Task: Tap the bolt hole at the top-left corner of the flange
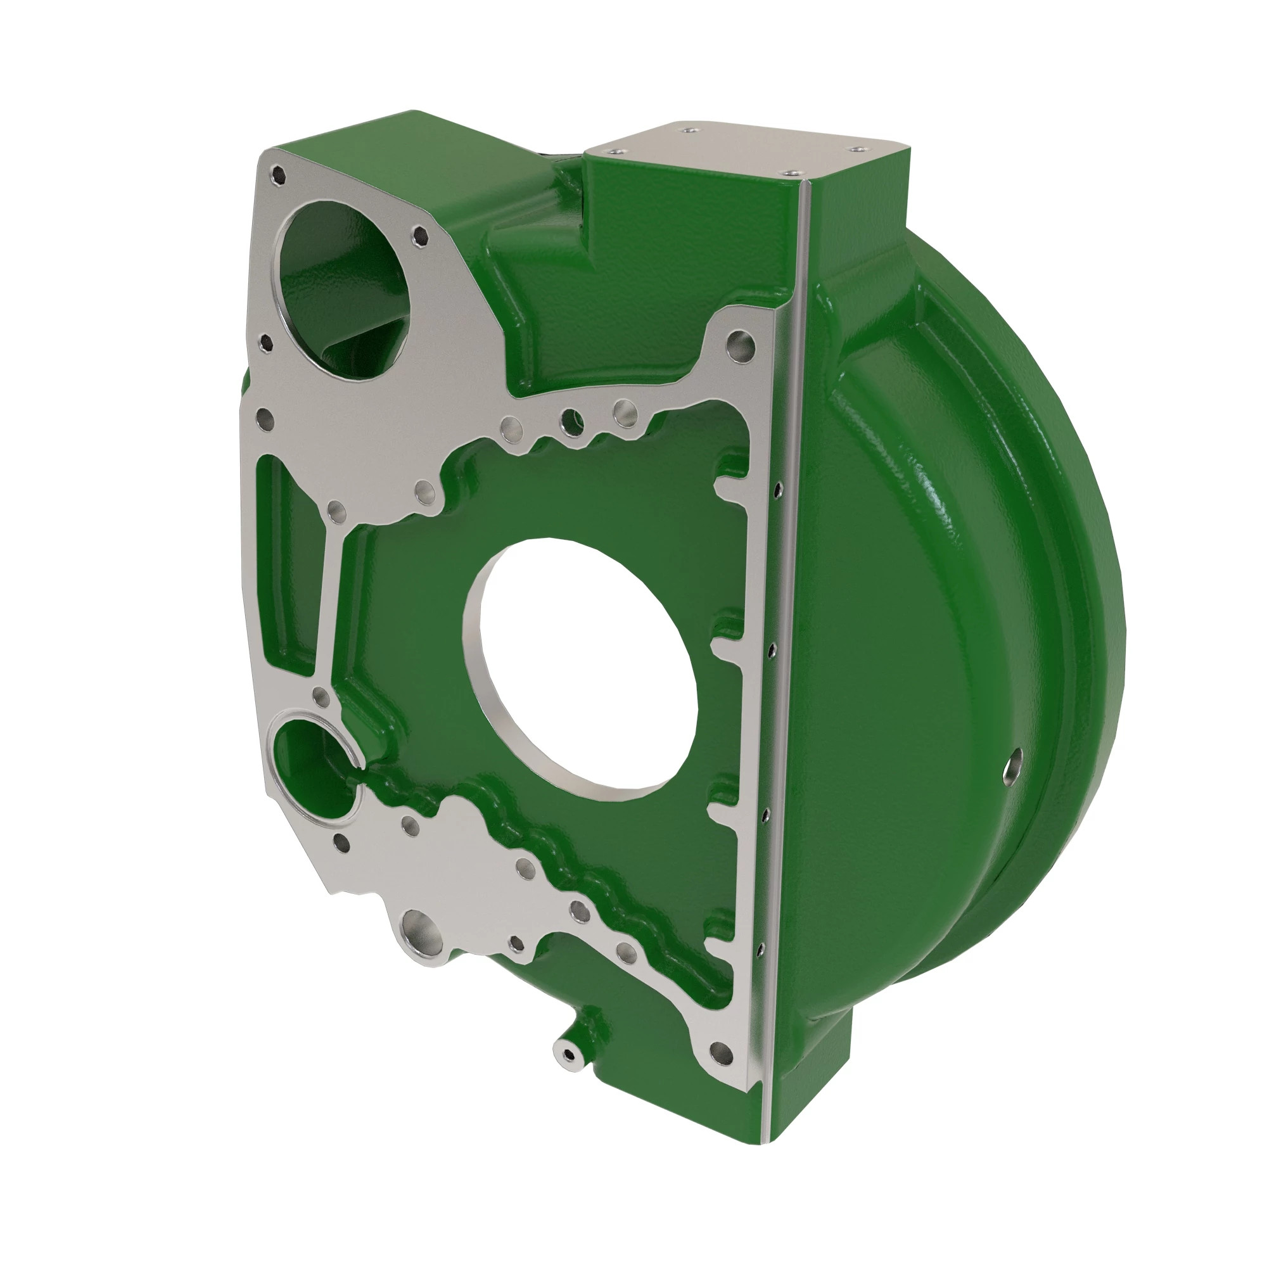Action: (279, 175)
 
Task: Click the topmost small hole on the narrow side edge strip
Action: (778, 488)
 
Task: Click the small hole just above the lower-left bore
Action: (321, 697)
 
